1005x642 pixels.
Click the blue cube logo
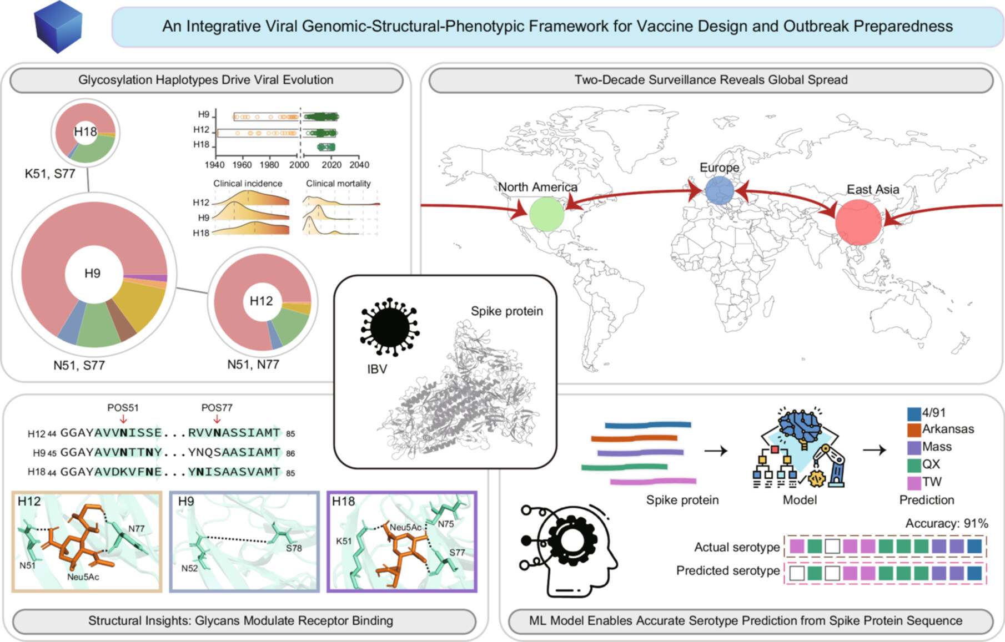click(x=58, y=27)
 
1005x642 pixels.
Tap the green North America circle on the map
click(x=547, y=214)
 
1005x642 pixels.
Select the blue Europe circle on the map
click(x=720, y=190)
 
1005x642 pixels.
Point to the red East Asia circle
click(x=858, y=223)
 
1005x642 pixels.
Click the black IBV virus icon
click(x=390, y=327)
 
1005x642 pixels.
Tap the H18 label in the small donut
click(x=86, y=132)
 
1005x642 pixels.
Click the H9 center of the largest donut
click(x=92, y=273)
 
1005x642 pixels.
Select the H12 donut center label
click(x=261, y=301)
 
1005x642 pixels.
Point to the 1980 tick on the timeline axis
click(x=269, y=165)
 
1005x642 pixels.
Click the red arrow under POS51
click(x=123, y=419)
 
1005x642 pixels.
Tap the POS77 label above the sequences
click(x=217, y=408)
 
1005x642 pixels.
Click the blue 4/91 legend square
click(x=914, y=414)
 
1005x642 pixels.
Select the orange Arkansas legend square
click(x=914, y=430)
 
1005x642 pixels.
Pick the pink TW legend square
click(x=914, y=482)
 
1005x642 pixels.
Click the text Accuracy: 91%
click(x=947, y=523)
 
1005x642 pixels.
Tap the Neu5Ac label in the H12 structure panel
click(x=83, y=577)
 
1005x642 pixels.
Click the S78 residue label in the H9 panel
click(x=294, y=548)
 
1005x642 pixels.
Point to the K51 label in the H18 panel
click(x=344, y=541)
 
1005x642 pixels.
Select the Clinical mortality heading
click(x=338, y=183)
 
